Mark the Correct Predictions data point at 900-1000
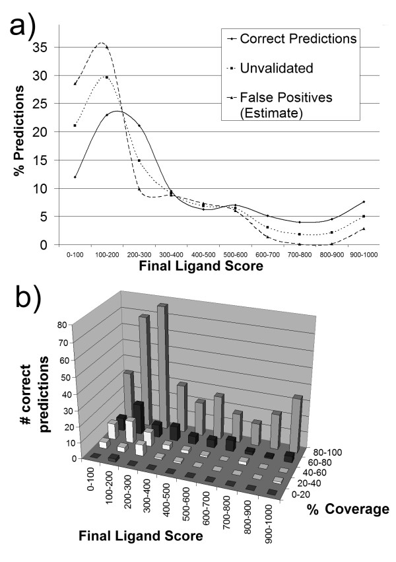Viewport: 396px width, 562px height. pos(364,201)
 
